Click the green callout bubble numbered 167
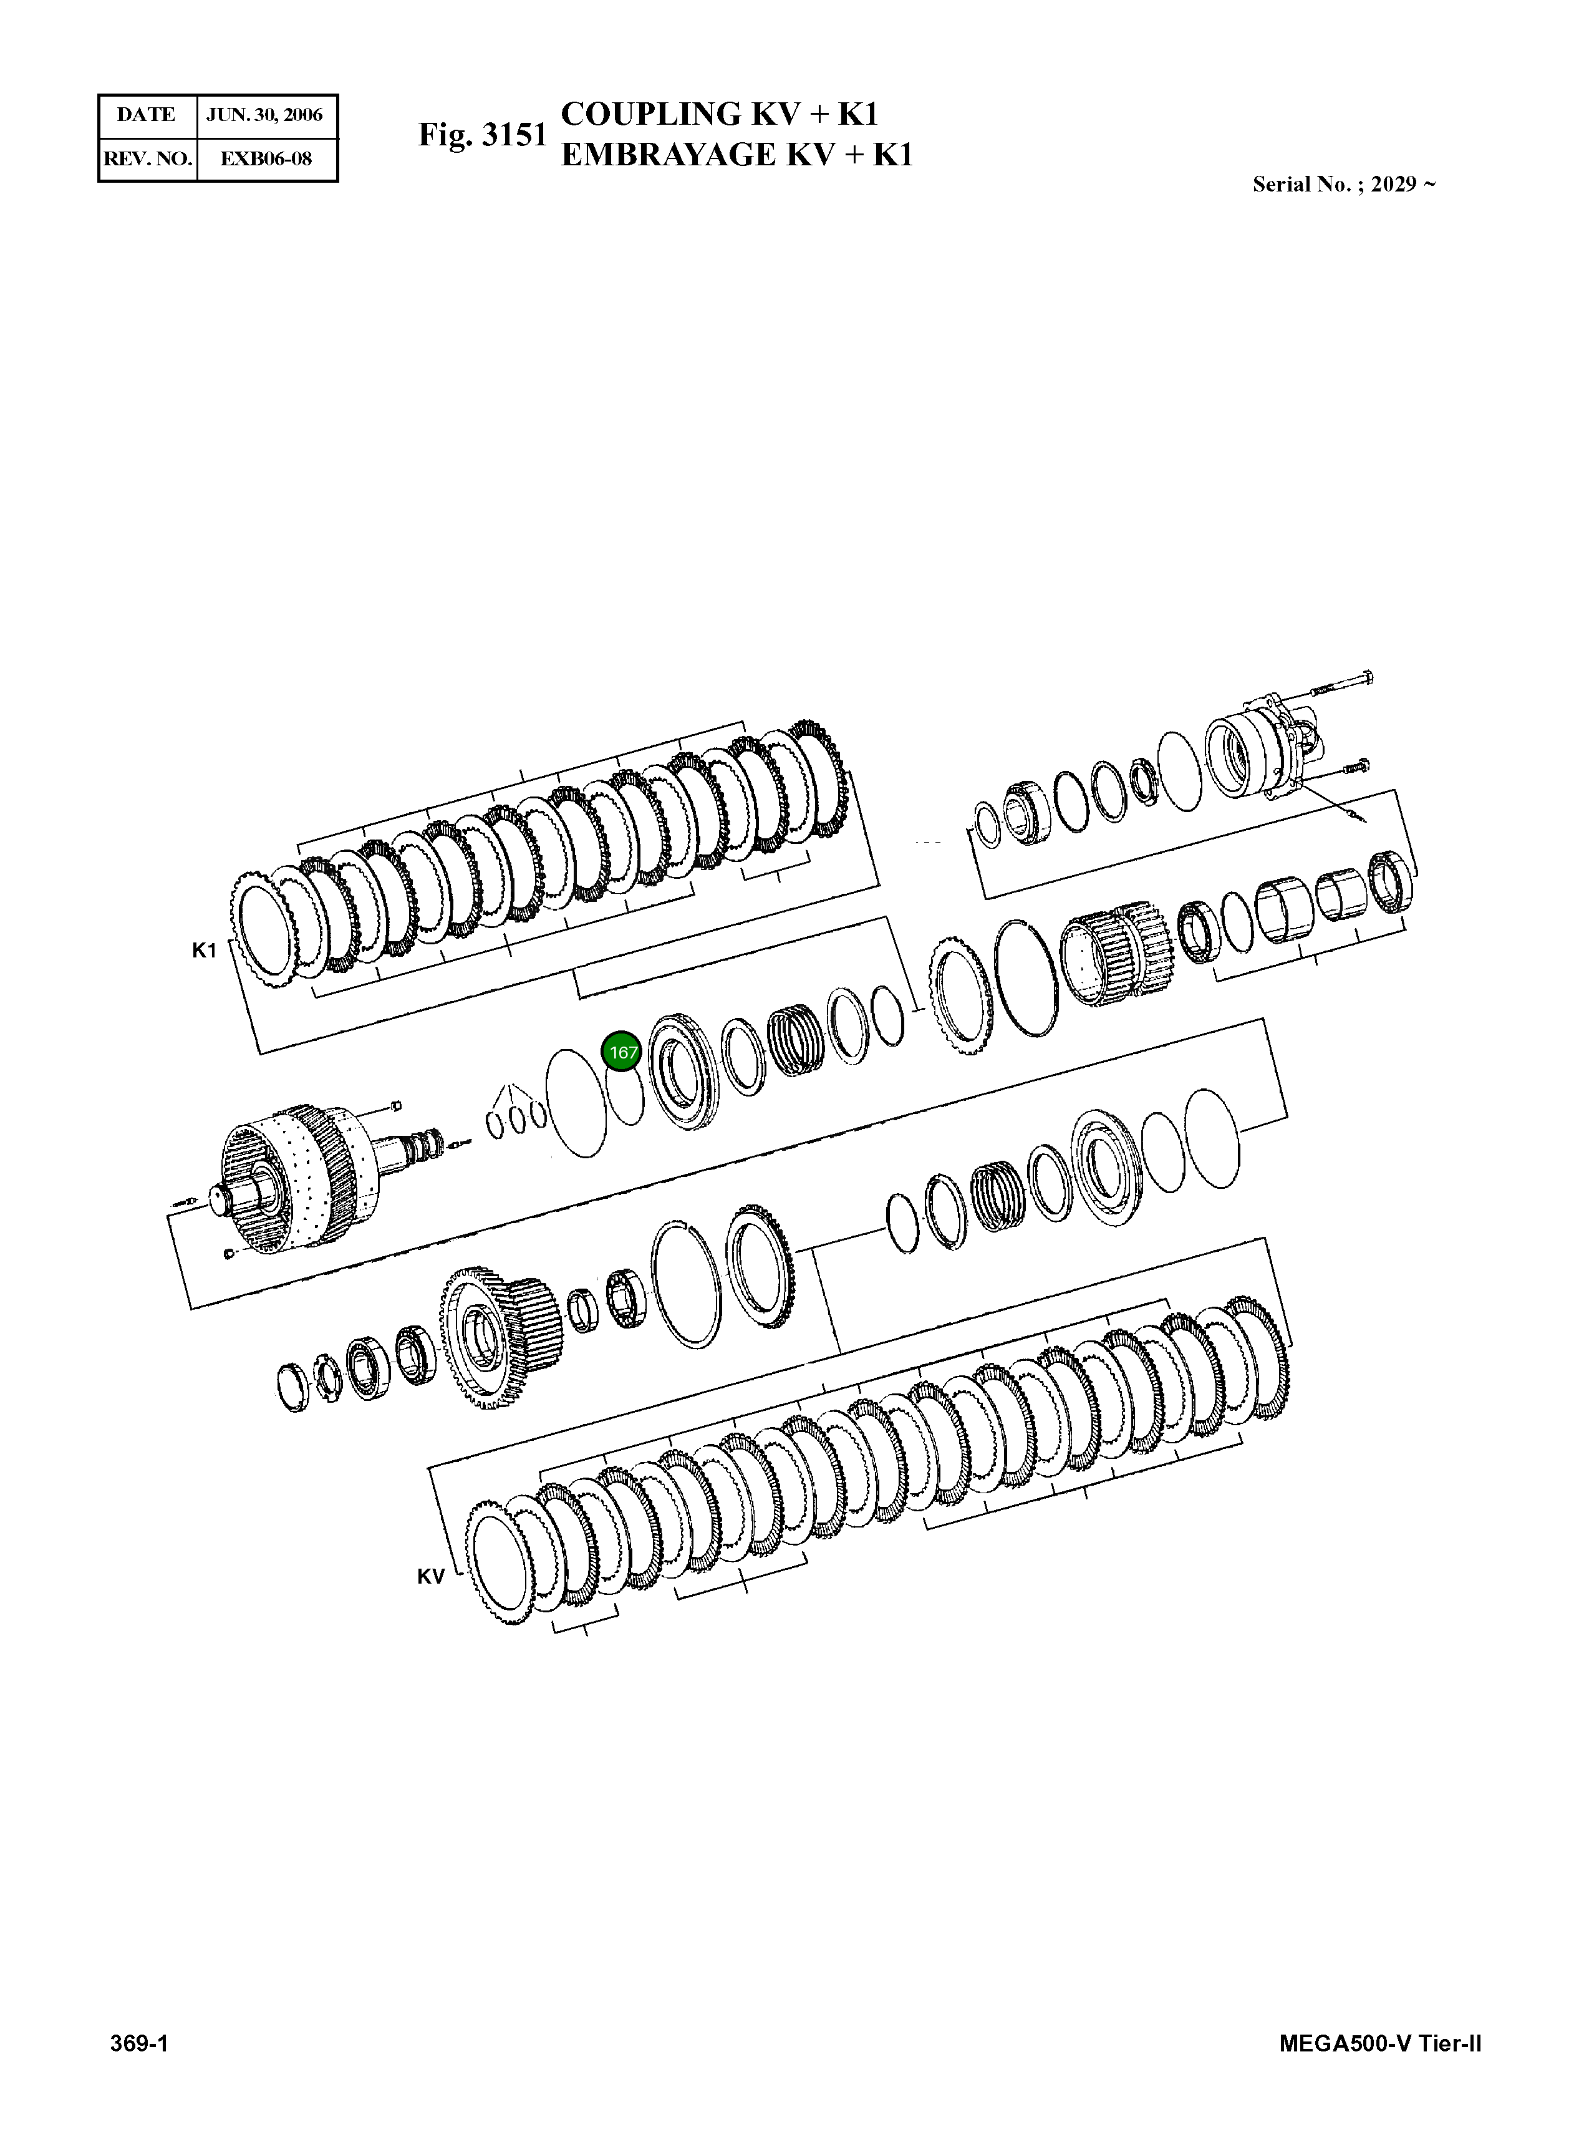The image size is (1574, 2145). point(622,1053)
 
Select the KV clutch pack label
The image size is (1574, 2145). point(431,1577)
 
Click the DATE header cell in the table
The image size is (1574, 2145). point(147,115)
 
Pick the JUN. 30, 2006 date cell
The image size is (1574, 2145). point(266,115)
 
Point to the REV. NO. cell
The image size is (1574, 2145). point(147,158)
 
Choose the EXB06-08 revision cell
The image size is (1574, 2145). point(266,158)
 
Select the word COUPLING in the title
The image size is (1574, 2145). point(651,114)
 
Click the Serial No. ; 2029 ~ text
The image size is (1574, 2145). point(1343,185)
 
